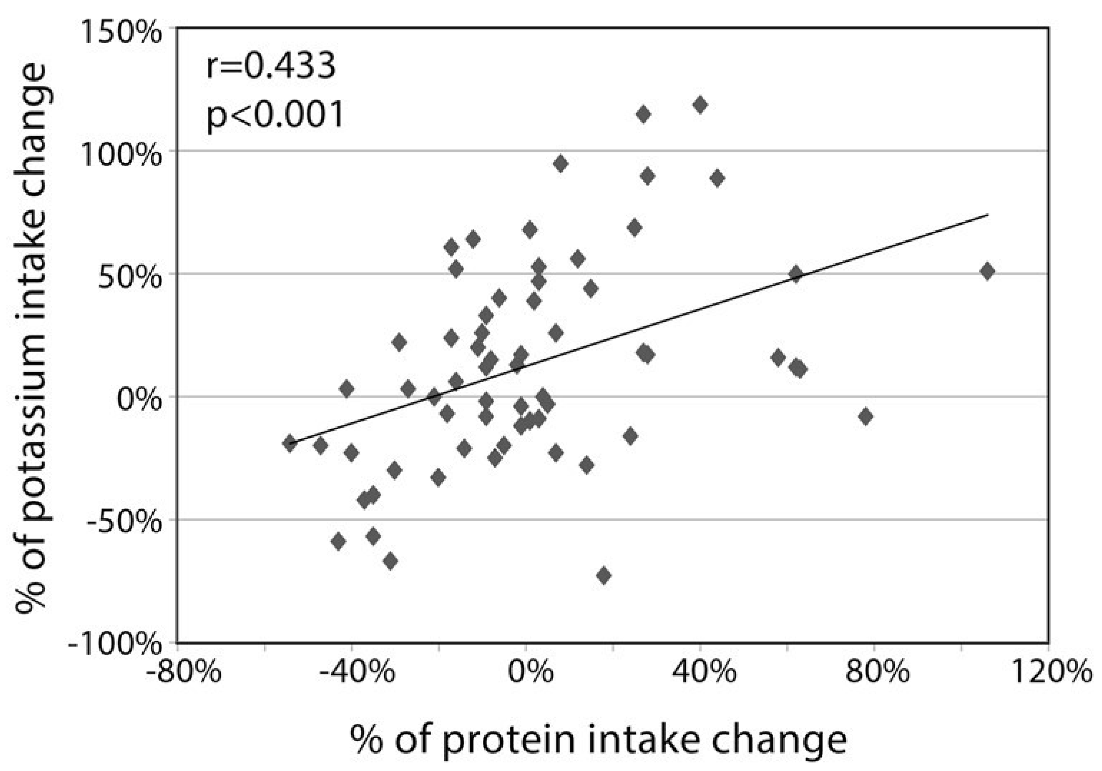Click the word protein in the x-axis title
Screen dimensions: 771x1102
508,739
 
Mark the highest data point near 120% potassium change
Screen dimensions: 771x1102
700,105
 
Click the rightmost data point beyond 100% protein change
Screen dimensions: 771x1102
987,271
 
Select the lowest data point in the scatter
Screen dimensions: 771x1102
604,575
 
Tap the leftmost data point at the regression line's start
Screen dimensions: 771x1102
289,443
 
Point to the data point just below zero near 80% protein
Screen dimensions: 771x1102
866,417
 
